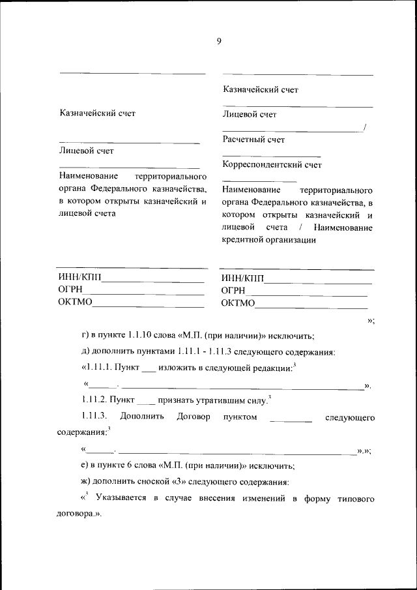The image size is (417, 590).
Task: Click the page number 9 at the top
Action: (x=219, y=42)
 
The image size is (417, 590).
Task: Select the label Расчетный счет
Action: (x=253, y=140)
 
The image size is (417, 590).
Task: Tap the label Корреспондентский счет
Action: (x=272, y=165)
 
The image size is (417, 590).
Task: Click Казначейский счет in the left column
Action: (x=97, y=113)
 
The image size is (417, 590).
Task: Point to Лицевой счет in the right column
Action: (x=249, y=115)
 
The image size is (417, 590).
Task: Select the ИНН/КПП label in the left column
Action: (x=80, y=279)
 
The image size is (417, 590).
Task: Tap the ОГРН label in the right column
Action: (x=233, y=291)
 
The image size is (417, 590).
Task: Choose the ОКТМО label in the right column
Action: (x=238, y=302)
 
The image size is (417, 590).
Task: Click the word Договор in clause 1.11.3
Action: (x=193, y=417)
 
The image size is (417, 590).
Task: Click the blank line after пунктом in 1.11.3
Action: (x=291, y=419)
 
